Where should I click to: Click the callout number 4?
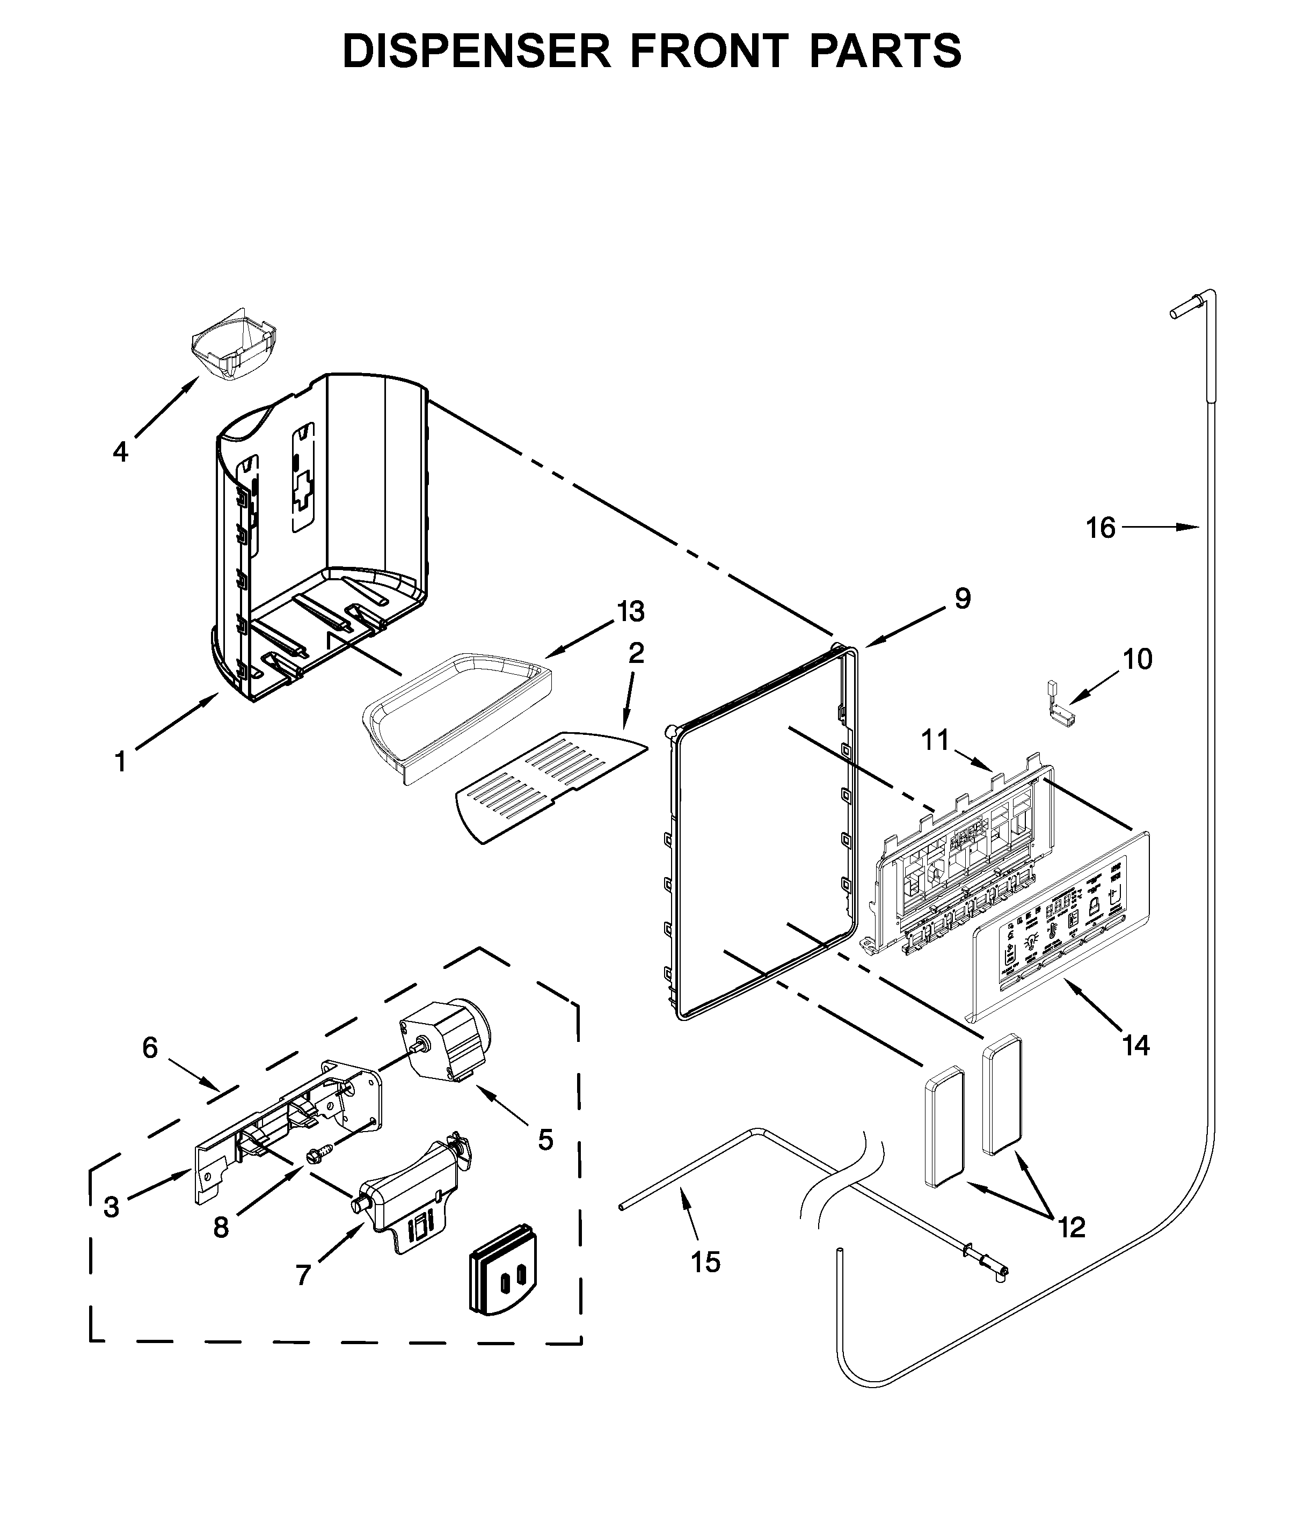(121, 452)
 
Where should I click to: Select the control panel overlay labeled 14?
(1060, 925)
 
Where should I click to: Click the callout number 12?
(1072, 1227)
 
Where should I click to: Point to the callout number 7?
(303, 1274)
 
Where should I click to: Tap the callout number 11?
(935, 740)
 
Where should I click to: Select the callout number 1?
(121, 762)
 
